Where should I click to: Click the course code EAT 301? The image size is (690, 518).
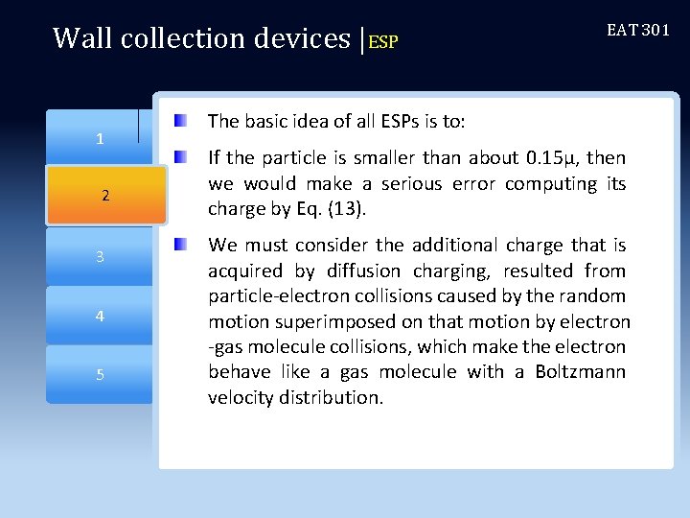click(638, 30)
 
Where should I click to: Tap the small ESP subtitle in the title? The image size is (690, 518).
click(382, 42)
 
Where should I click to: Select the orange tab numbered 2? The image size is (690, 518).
click(105, 196)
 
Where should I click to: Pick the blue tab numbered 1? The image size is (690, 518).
click(100, 139)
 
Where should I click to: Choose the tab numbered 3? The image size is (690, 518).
click(100, 257)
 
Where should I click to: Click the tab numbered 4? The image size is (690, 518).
click(100, 316)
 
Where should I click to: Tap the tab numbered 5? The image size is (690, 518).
click(100, 374)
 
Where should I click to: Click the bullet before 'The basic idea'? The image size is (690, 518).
click(182, 121)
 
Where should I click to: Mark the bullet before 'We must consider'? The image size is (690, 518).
click(182, 246)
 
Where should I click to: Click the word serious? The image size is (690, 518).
click(408, 182)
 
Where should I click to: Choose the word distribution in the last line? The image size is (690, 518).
click(328, 397)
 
